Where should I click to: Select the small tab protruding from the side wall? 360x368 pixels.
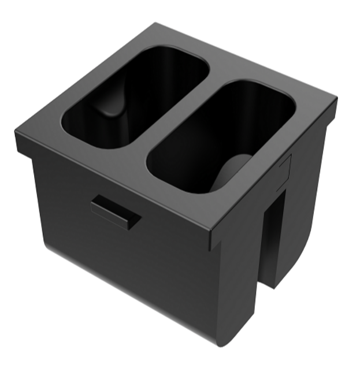click(x=116, y=212)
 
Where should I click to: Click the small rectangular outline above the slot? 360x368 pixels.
click(x=284, y=168)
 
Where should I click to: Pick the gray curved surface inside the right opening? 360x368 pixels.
click(x=231, y=173)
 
